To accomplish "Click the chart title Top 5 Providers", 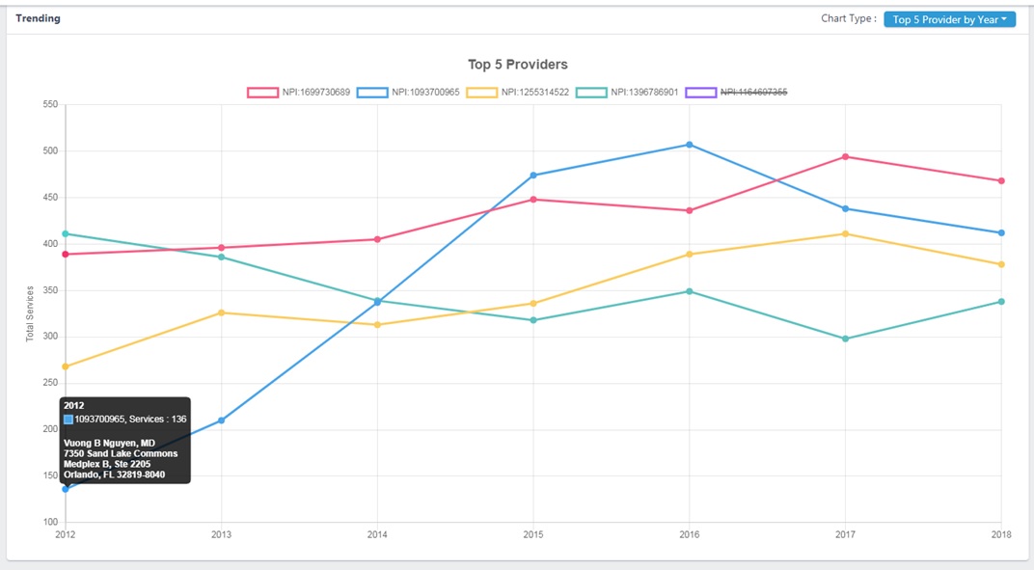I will (517, 65).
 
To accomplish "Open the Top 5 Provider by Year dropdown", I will (949, 19).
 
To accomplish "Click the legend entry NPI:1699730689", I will (299, 93).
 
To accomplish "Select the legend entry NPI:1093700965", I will (408, 93).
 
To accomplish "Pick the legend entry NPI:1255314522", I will (518, 93).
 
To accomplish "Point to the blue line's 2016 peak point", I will (689, 145).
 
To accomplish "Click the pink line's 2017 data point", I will (846, 156).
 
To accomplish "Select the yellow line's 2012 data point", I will (66, 366).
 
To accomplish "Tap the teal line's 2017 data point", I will (846, 339).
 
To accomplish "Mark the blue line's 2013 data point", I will (222, 421).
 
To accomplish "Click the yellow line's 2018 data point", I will (1001, 264).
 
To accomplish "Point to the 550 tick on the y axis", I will (50, 104).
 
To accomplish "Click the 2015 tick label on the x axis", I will (532, 533).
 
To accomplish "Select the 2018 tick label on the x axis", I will (1000, 533).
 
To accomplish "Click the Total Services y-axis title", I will (30, 313).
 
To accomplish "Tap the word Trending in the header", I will (38, 18).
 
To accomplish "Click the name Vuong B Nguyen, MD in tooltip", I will (109, 443).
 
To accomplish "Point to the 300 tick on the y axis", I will (50, 337).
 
